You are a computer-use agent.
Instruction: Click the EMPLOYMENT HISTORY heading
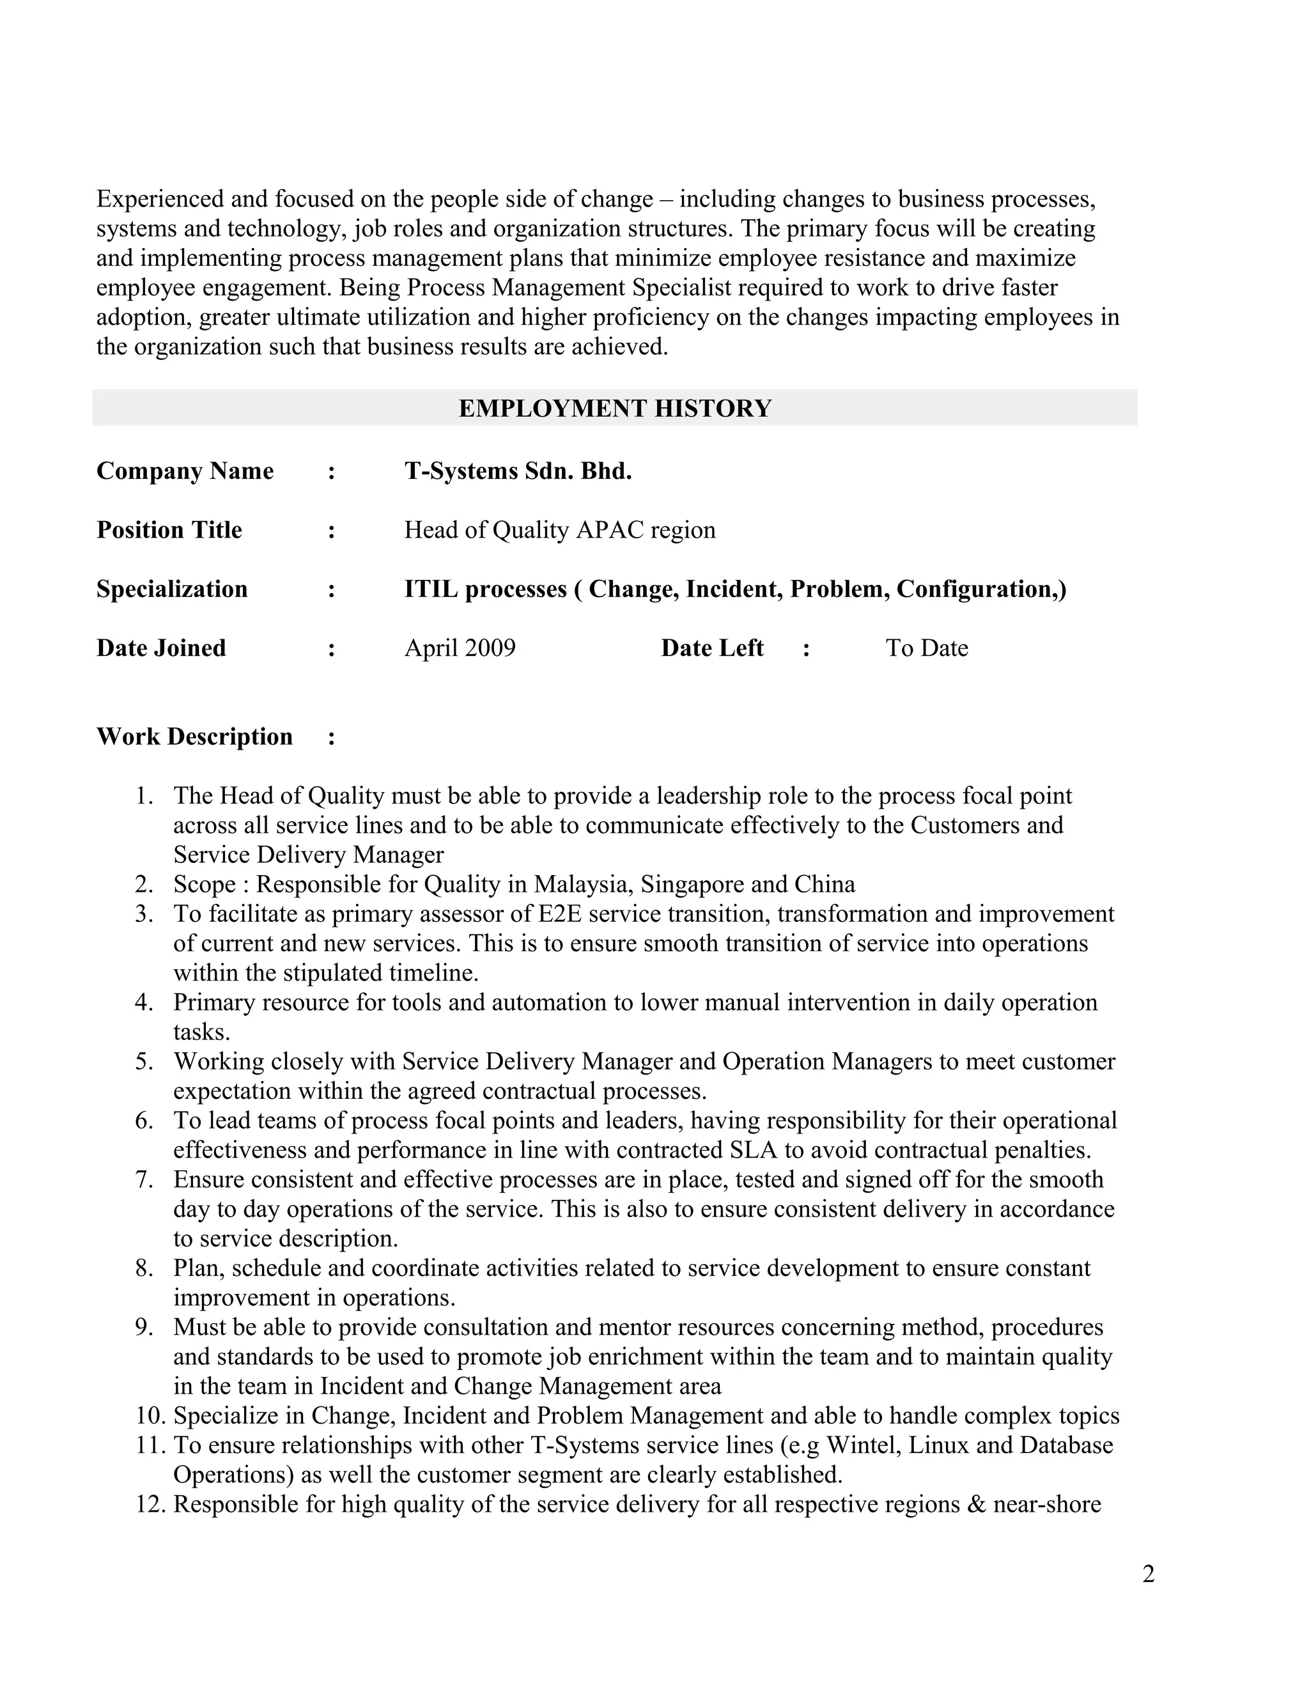(615, 408)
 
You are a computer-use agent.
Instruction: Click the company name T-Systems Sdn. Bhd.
(517, 471)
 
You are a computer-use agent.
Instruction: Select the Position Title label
(169, 530)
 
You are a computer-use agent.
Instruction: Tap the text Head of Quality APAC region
(559, 530)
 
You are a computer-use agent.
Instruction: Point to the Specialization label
(171, 589)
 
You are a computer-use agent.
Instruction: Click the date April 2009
(460, 648)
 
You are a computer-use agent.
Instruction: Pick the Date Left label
(712, 648)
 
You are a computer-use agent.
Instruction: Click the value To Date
(927, 648)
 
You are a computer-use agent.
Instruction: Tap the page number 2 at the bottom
(1149, 1574)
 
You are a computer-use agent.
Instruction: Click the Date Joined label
(160, 648)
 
